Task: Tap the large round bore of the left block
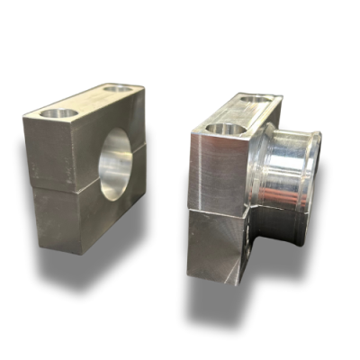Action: [114, 162]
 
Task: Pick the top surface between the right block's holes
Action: [239, 113]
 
